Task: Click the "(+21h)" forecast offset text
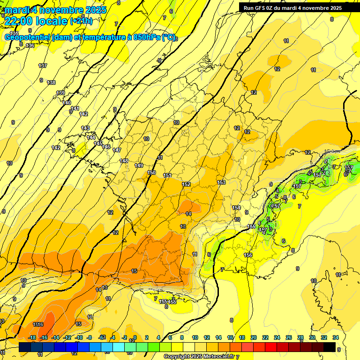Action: (x=81, y=21)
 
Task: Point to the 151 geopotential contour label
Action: (x=167, y=175)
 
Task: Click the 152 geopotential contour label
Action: (x=186, y=184)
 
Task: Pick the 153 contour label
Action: (x=222, y=182)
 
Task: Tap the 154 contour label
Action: (x=236, y=208)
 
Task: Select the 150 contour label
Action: (x=152, y=172)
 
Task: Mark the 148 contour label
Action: (x=124, y=161)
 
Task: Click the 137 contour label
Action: (x=43, y=66)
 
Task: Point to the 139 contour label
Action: (x=60, y=93)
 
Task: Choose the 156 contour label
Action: (x=248, y=255)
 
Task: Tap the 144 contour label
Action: (x=91, y=137)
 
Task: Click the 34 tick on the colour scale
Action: (x=335, y=337)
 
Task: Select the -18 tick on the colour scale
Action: (x=32, y=337)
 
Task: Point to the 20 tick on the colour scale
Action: (x=254, y=337)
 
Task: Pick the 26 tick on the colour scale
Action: (x=289, y=337)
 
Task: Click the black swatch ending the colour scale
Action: (x=330, y=347)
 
